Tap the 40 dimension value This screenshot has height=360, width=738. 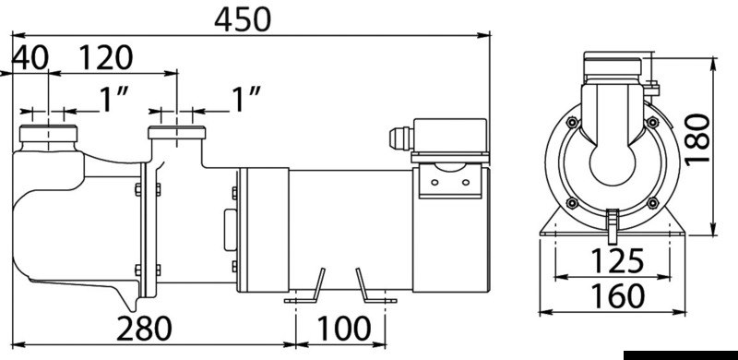coord(30,58)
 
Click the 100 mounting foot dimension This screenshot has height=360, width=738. coord(345,327)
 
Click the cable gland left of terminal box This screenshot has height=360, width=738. coord(399,138)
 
